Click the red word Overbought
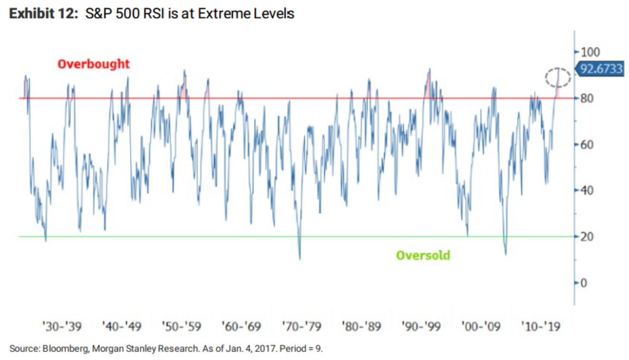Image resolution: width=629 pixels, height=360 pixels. (x=93, y=64)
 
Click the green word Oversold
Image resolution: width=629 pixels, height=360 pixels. (x=423, y=256)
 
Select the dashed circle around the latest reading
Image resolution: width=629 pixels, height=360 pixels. (x=557, y=77)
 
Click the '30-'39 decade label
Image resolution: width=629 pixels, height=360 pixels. (x=62, y=327)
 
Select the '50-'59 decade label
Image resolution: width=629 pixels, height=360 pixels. (x=181, y=327)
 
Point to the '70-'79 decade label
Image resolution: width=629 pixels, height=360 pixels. (x=301, y=327)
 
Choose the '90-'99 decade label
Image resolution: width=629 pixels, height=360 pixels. (x=421, y=327)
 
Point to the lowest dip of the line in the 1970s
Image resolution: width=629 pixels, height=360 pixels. (x=300, y=259)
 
